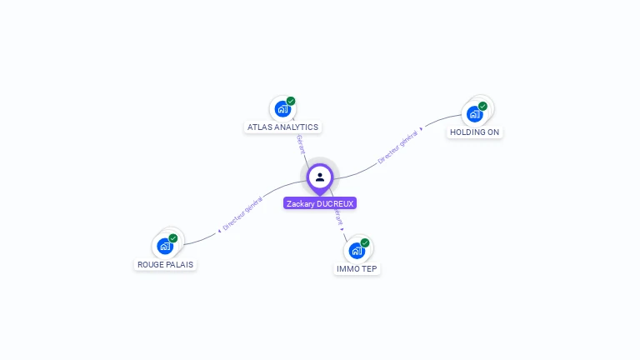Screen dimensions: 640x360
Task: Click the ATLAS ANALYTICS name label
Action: [282, 127]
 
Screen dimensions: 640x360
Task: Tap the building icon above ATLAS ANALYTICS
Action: [282, 109]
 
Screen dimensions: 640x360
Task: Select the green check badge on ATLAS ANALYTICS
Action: [291, 102]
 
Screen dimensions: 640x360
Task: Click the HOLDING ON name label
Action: [475, 132]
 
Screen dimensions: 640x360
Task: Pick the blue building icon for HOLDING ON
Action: [475, 114]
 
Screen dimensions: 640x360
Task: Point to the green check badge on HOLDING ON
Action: [482, 107]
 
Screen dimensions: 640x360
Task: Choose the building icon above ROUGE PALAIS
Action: [165, 246]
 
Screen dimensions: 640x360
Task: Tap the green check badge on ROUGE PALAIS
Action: [173, 238]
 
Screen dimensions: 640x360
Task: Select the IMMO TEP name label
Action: [357, 269]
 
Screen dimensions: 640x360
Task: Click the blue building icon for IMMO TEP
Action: [357, 251]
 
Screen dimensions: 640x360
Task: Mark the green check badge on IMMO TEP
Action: [365, 243]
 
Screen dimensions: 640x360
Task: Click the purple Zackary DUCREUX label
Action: [320, 203]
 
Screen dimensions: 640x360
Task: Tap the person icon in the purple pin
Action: [320, 177]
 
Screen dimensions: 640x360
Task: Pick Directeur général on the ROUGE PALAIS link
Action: [243, 212]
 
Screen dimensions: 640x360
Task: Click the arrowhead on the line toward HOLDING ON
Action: [421, 129]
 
